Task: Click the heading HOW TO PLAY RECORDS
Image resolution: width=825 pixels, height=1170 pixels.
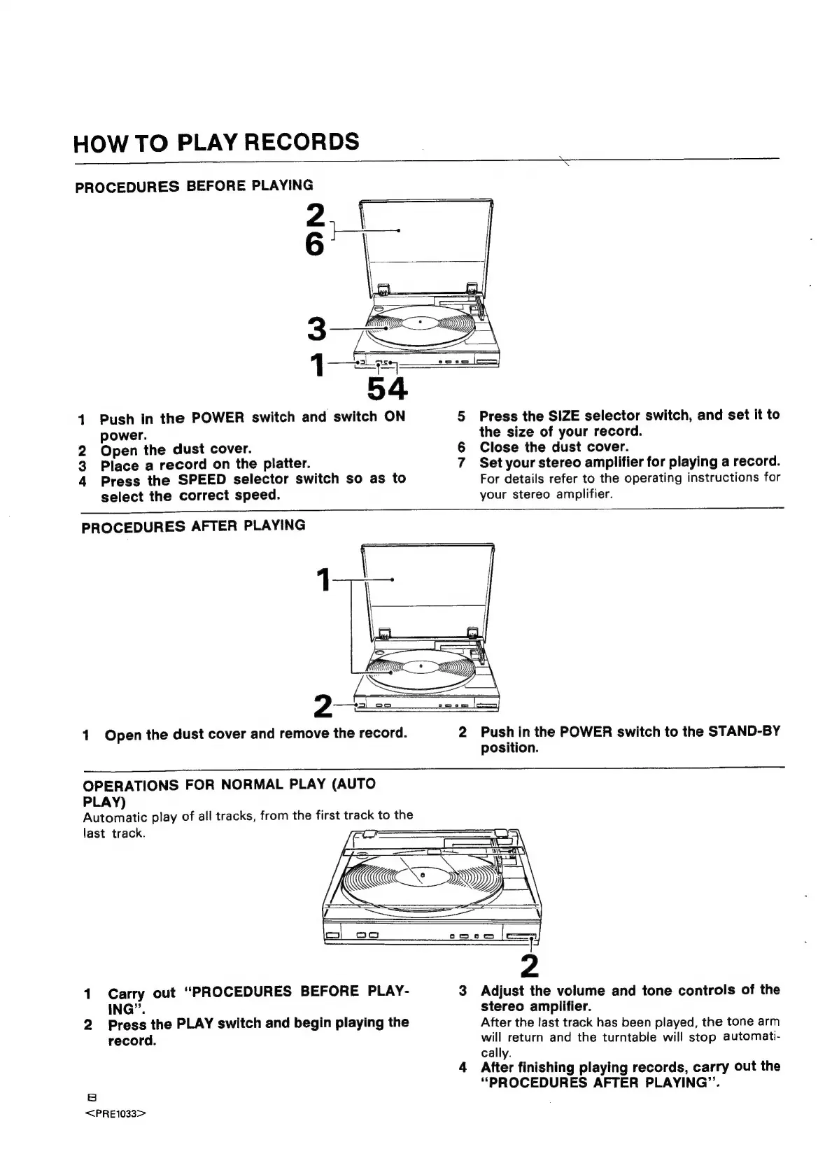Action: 216,142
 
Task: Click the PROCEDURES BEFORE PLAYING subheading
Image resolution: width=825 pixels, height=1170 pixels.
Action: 194,186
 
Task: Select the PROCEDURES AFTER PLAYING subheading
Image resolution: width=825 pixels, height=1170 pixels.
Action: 193,526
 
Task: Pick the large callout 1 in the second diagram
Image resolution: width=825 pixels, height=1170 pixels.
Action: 323,580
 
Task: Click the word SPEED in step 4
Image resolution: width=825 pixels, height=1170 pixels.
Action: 202,480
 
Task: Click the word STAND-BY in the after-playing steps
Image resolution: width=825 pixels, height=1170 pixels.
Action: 744,732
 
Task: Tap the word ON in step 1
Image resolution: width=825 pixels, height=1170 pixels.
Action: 395,416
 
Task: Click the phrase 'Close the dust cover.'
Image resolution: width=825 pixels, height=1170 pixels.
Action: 554,447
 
